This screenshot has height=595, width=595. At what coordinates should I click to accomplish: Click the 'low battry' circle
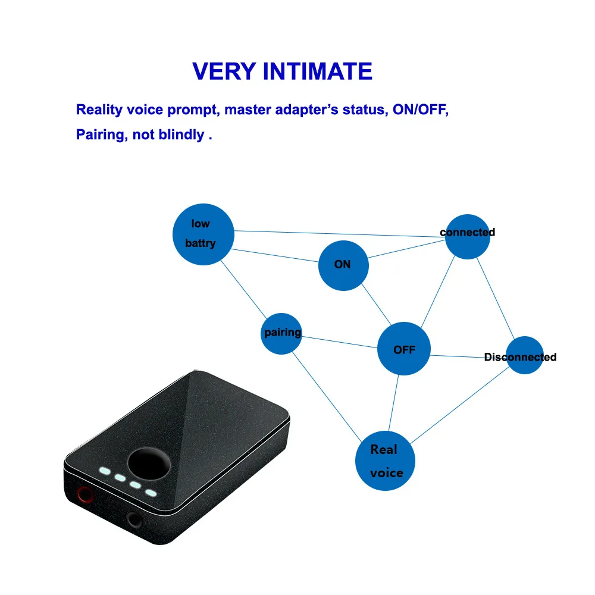[x=203, y=234]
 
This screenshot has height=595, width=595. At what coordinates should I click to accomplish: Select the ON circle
[x=343, y=265]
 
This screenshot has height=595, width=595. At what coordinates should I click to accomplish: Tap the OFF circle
[x=404, y=349]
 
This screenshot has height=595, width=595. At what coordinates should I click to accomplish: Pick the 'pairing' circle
[x=281, y=334]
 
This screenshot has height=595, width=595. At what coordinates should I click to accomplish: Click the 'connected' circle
[x=468, y=237]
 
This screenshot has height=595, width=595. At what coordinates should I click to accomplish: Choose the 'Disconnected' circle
[x=525, y=355]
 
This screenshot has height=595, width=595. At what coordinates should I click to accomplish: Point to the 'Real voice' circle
[x=385, y=461]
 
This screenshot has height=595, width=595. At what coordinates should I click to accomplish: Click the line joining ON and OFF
[x=376, y=304]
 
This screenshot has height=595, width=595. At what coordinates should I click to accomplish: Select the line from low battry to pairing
[x=243, y=289]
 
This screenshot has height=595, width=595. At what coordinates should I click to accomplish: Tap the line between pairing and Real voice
[x=327, y=397]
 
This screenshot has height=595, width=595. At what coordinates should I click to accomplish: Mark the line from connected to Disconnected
[x=496, y=298]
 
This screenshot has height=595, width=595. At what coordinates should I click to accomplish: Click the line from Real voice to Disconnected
[x=460, y=405]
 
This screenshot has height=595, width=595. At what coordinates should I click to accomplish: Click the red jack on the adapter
[x=85, y=495]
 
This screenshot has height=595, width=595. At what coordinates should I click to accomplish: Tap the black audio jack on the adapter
[x=134, y=519]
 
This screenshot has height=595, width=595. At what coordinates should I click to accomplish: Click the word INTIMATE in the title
[x=317, y=71]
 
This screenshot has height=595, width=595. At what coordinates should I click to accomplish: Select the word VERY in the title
[x=224, y=71]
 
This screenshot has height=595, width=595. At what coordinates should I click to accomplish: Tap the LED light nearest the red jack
[x=105, y=471]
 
